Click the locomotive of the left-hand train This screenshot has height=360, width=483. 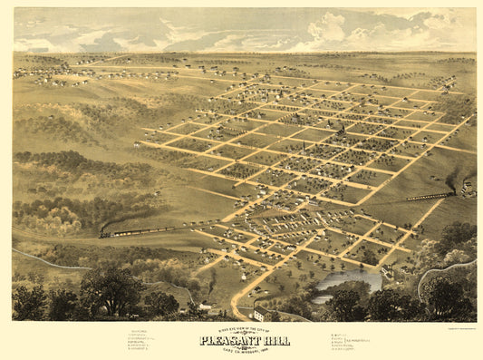coord(105,234)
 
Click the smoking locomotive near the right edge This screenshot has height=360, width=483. coord(450,192)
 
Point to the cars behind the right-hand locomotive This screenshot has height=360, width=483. coord(426,196)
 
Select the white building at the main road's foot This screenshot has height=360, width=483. coord(259,314)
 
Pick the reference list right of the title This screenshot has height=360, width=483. coord(343,341)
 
